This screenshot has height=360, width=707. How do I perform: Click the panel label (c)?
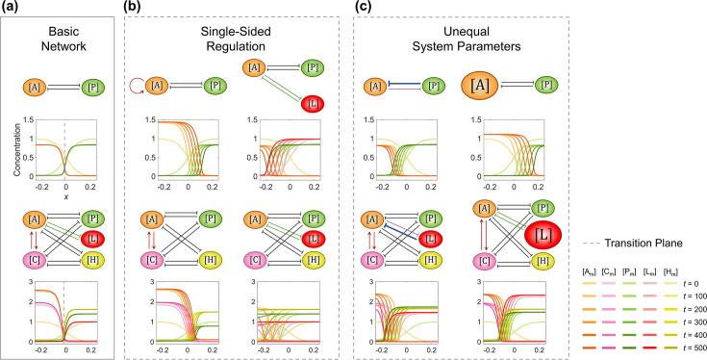[364, 8]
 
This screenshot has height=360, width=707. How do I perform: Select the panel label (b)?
[135, 8]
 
